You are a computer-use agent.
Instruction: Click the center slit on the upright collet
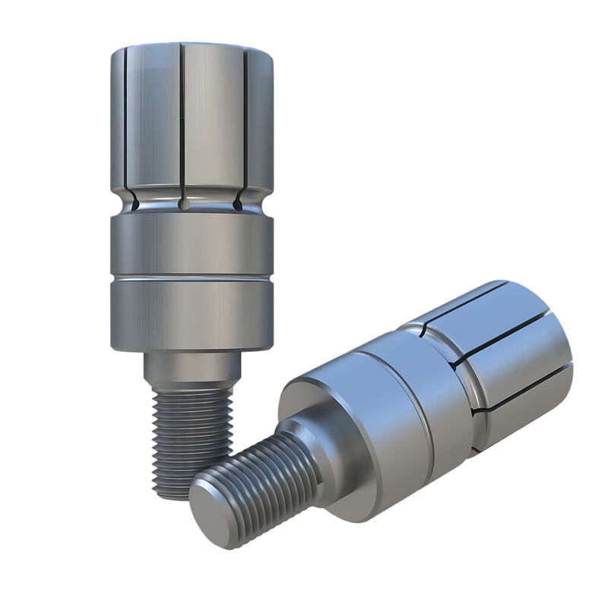pos(182,122)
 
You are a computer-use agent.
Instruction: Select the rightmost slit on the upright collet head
pos(245,122)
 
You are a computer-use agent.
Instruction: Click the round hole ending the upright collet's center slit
pos(182,204)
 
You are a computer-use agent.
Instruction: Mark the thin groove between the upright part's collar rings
pos(192,279)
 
